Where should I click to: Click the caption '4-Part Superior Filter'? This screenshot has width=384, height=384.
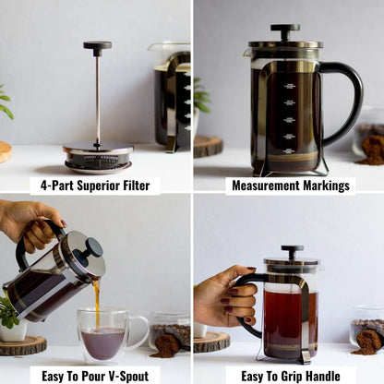tap(94, 186)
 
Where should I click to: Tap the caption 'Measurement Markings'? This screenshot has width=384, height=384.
tap(290, 186)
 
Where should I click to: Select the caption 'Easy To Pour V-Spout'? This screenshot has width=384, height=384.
tap(94, 375)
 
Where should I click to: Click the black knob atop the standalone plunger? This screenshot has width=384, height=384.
tap(97, 45)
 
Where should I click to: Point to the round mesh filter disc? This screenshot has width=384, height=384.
tap(97, 158)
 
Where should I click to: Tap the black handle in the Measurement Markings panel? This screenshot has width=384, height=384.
tap(346, 97)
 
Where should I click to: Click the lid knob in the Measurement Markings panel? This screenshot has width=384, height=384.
tap(285, 31)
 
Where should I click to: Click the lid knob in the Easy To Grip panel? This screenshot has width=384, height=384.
tap(292, 251)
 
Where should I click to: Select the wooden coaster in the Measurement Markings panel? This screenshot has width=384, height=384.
tap(209, 146)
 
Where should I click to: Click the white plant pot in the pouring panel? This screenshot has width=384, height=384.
tap(13, 330)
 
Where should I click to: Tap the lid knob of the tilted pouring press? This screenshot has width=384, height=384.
tap(93, 247)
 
